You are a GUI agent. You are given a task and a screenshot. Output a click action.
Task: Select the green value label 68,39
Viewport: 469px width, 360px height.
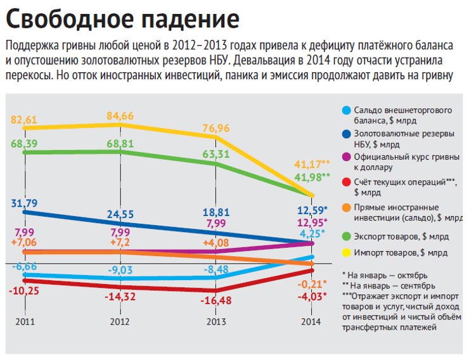(25, 145)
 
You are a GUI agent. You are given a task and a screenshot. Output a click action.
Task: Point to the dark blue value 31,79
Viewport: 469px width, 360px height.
(25, 203)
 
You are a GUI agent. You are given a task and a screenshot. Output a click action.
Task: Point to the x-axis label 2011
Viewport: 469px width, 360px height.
(25, 322)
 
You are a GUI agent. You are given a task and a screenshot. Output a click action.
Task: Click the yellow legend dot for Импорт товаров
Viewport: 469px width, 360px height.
(346, 252)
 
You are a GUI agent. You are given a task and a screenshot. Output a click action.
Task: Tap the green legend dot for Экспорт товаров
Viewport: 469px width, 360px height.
(346, 236)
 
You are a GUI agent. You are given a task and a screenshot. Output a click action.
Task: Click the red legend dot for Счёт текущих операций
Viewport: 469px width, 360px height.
(346, 183)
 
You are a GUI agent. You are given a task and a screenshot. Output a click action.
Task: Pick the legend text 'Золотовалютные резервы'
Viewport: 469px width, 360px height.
(403, 134)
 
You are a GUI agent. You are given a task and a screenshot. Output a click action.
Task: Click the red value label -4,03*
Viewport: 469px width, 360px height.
(311, 295)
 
